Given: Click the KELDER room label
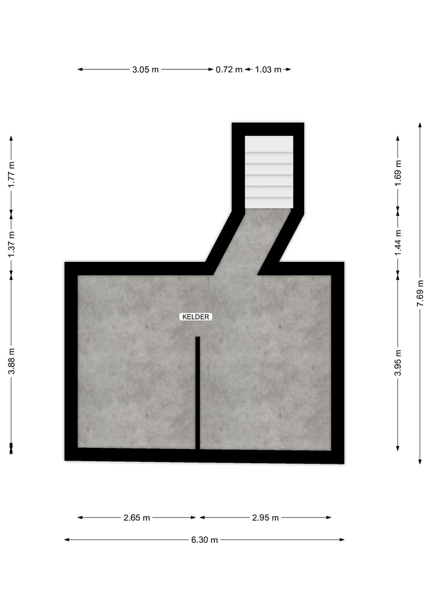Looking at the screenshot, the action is [196, 317].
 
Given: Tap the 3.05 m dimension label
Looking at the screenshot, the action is [145, 70].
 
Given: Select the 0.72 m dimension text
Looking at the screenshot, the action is [229, 70].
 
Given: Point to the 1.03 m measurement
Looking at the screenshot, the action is [268, 70].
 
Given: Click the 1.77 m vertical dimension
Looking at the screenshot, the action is [11, 174].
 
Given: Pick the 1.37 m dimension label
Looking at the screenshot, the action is [11, 244].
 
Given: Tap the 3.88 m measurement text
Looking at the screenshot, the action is [11, 361].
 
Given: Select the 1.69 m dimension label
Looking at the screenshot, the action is [398, 173].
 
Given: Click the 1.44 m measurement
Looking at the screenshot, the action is [398, 243].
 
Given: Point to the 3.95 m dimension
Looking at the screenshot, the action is [398, 363].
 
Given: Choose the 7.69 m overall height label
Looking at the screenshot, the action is [420, 293].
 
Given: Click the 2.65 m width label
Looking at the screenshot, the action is [137, 518].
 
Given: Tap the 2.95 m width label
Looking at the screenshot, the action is [265, 518].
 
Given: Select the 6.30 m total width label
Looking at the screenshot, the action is [204, 540].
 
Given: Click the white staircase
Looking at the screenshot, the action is [269, 172].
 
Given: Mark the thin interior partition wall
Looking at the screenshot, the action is [197, 393].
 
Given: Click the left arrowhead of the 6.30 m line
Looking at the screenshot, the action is [67, 539].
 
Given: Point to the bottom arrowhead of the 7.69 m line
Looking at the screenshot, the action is [420, 461].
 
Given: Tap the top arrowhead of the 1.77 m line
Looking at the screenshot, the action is [11, 139].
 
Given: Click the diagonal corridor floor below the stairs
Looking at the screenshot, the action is [253, 242].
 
